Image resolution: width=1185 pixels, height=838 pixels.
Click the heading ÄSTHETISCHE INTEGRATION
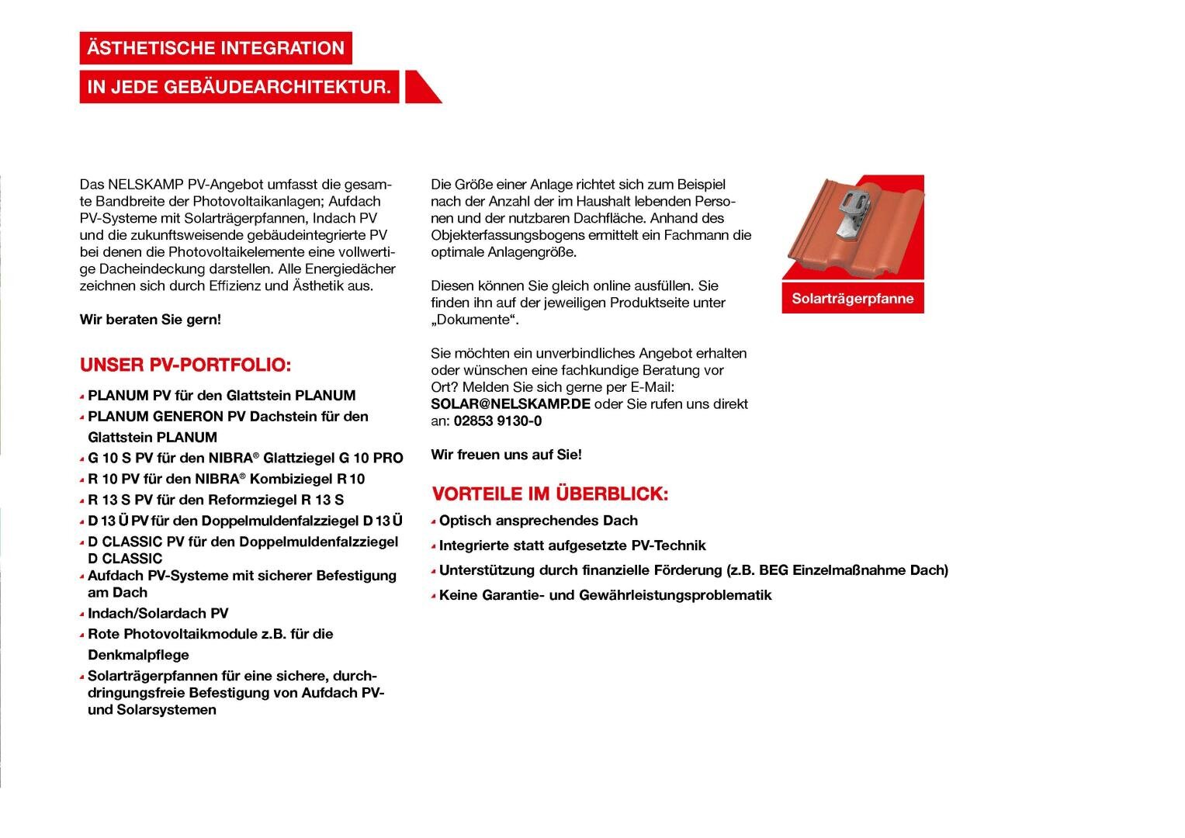[x=216, y=48]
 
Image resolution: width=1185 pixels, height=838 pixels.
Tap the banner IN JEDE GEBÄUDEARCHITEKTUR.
[x=239, y=87]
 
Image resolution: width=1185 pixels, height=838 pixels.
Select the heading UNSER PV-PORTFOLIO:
[x=185, y=365]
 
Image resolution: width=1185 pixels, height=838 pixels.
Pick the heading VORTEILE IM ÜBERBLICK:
[x=549, y=493]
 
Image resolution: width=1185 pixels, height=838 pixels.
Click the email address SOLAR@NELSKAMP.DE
[x=511, y=404]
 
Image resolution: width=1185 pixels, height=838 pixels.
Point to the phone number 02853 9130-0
[x=497, y=421]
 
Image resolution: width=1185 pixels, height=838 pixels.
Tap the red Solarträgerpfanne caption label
[x=852, y=299]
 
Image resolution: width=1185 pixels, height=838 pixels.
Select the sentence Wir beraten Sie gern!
[x=151, y=320]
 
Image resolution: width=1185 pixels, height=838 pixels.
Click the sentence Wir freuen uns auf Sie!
[x=506, y=455]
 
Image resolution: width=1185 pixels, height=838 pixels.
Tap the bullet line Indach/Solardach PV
[x=158, y=613]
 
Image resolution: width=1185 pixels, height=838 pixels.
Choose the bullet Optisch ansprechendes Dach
[x=538, y=521]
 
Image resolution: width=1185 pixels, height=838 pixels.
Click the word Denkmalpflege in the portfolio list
[x=138, y=655]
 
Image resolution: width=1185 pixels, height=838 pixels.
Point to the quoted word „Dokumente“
[x=474, y=320]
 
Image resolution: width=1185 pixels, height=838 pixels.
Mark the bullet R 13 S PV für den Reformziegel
[x=216, y=500]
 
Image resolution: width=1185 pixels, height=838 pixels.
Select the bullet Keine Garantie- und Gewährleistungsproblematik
[x=605, y=595]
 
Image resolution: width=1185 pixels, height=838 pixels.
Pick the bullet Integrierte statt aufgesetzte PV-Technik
[x=572, y=545]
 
